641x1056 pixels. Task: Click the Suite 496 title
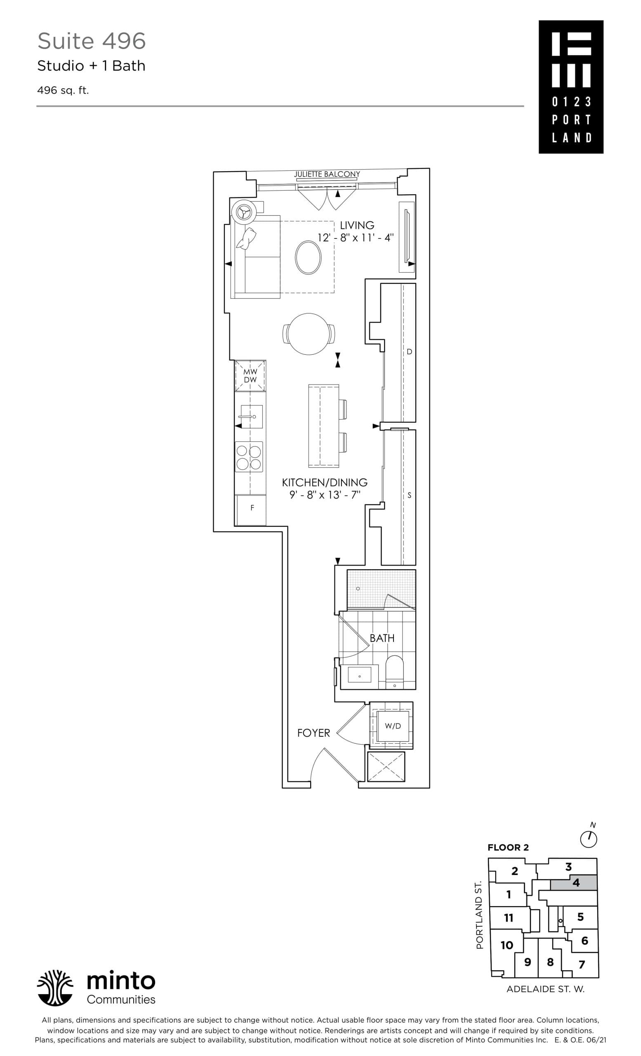coord(91,41)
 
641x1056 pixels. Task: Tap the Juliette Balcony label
coord(327,174)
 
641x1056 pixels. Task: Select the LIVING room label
coord(356,225)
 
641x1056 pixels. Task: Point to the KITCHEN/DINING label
coord(324,482)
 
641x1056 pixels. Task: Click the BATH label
coord(382,638)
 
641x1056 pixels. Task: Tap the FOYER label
coord(313,733)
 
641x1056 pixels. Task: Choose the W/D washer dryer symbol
coord(393,726)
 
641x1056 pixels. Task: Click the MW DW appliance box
coord(250,376)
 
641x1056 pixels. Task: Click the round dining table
coord(309,334)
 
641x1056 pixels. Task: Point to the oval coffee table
coord(308,257)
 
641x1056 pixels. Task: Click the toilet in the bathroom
coord(394,672)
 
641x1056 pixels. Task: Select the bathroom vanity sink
coord(359,676)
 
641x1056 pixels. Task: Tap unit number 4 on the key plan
coord(575,882)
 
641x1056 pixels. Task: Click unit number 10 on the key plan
coord(507,945)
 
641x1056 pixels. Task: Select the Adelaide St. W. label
coord(545,989)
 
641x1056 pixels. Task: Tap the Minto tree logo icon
coord(55,988)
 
